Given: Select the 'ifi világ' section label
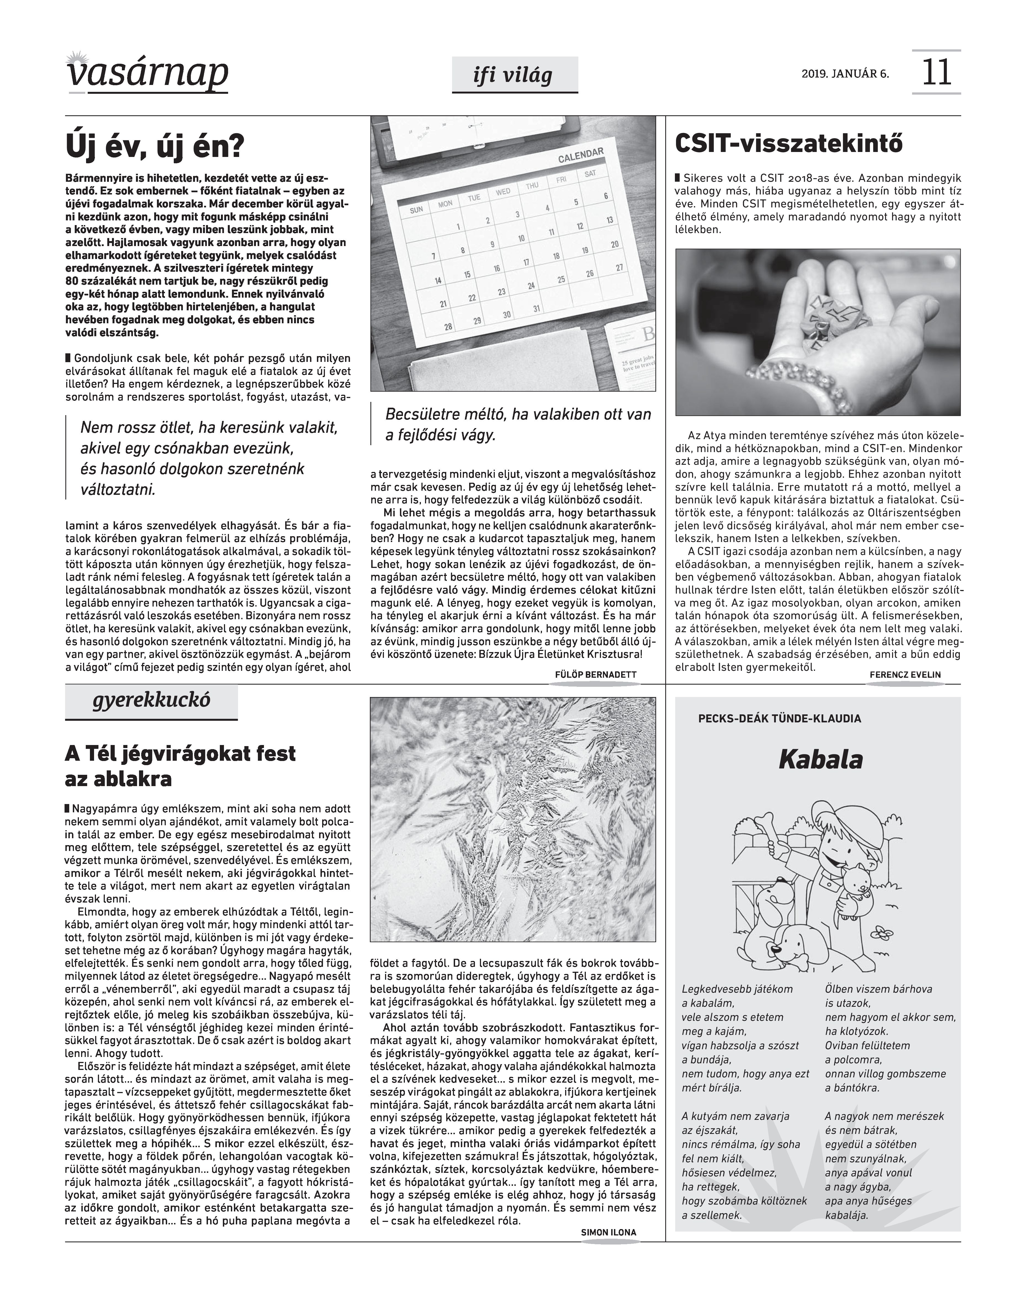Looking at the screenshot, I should tap(514, 76).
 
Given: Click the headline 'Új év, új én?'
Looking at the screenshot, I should tap(155, 146).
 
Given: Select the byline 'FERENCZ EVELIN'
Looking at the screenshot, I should tap(905, 675).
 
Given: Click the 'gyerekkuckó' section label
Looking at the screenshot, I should tap(151, 701).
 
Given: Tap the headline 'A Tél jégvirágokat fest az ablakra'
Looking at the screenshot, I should tap(180, 766).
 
